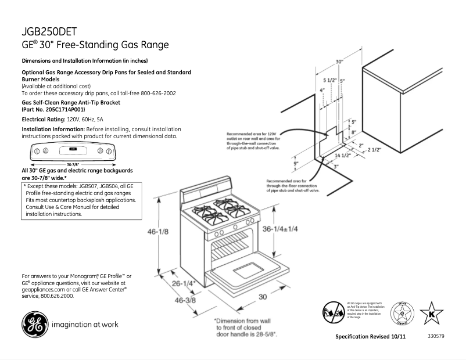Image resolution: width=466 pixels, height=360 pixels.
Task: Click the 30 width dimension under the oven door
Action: point(263,297)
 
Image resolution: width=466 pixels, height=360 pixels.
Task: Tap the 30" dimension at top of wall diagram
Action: point(339,62)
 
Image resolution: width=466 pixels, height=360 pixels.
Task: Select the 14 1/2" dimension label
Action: point(342,156)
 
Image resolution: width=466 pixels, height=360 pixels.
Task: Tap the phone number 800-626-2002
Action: point(156,93)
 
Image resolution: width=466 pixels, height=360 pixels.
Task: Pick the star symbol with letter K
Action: point(431,313)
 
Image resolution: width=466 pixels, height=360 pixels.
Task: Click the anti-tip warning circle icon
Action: point(332,312)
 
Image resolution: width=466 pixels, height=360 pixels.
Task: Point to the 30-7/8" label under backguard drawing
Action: point(73,164)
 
